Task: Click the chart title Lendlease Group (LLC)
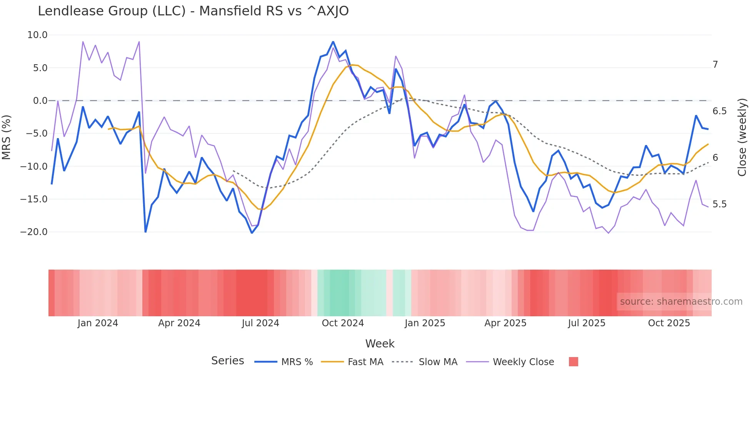(193, 11)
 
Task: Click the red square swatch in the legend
(573, 362)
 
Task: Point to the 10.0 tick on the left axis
(37, 35)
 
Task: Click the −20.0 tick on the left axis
(34, 232)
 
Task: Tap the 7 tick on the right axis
(715, 65)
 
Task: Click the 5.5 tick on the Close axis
(719, 204)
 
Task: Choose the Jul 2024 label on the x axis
(260, 323)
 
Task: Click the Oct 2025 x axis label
(669, 323)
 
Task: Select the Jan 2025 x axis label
(425, 323)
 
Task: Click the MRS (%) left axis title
(7, 137)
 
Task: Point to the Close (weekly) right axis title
(742, 137)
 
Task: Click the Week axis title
(380, 344)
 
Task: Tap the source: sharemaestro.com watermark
(681, 302)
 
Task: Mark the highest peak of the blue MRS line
(333, 42)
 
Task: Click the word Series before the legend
(227, 361)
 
